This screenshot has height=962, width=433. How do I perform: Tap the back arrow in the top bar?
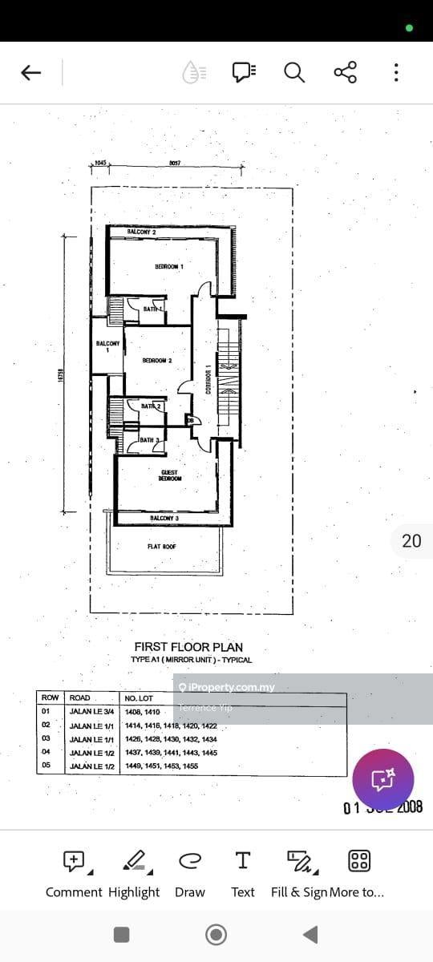click(x=30, y=73)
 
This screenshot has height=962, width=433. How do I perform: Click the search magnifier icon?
click(x=294, y=73)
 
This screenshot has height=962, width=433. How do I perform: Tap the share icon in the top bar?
click(x=345, y=73)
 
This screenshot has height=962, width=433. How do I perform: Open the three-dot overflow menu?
click(x=396, y=73)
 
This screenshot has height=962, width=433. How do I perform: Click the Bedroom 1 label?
click(x=169, y=266)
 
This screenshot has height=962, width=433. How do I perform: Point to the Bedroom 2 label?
click(x=157, y=361)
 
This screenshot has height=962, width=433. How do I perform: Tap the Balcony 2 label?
click(x=141, y=232)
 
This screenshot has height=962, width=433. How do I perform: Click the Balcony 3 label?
click(x=164, y=519)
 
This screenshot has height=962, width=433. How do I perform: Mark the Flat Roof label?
click(x=161, y=547)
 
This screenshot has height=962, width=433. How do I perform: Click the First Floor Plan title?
click(x=188, y=647)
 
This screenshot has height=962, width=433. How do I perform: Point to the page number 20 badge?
click(x=411, y=541)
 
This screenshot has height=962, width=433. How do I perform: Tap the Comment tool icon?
click(x=75, y=861)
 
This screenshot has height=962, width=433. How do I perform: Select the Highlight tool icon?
click(x=134, y=861)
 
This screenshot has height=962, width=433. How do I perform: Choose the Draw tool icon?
click(x=189, y=861)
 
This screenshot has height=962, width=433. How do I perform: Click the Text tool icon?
click(x=242, y=861)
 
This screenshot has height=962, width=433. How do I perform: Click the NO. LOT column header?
click(x=139, y=698)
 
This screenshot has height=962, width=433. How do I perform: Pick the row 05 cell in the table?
click(x=46, y=766)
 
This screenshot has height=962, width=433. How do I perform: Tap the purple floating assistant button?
click(x=382, y=778)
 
